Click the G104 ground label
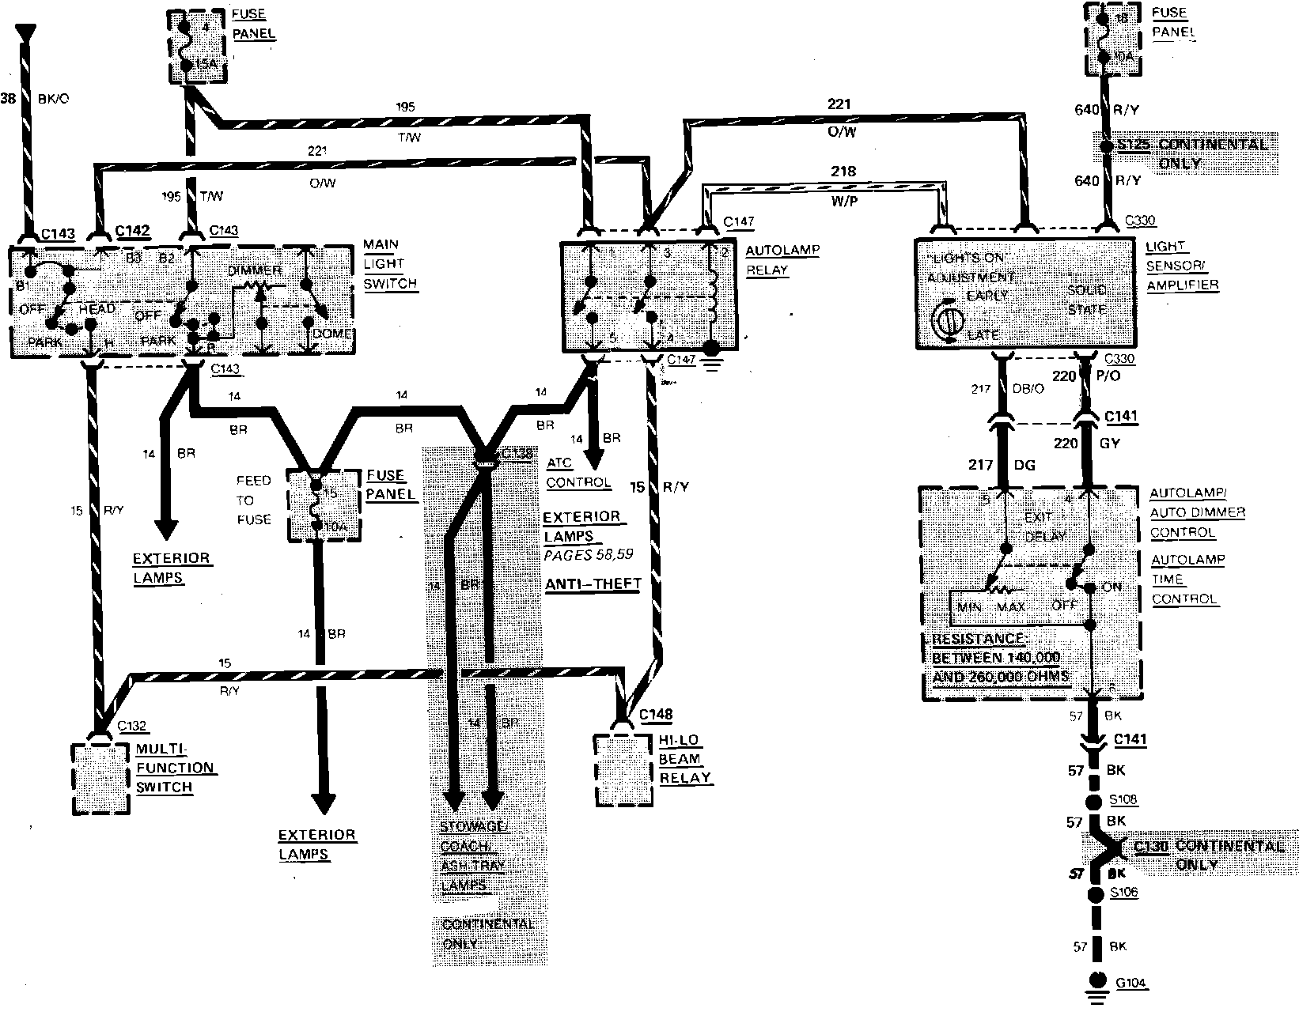click(x=1131, y=984)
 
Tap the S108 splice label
click(x=1123, y=799)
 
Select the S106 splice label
click(x=1123, y=893)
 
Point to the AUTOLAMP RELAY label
click(x=771, y=260)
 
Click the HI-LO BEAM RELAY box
click(x=625, y=771)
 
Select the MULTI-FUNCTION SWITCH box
click(x=100, y=779)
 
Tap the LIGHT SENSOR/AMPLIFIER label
click(x=1182, y=266)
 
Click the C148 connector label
click(x=656, y=715)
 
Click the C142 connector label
click(x=132, y=231)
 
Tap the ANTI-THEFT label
click(x=593, y=583)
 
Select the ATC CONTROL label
click(x=578, y=473)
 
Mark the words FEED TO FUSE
click(x=253, y=500)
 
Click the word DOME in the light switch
click(x=331, y=334)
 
